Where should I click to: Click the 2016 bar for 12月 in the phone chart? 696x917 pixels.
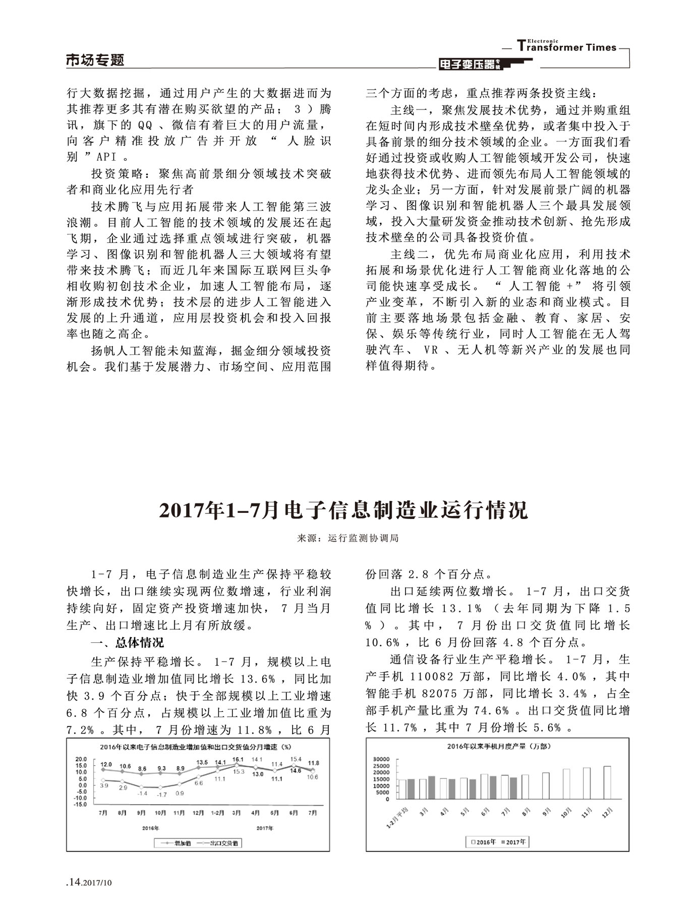coord(607,782)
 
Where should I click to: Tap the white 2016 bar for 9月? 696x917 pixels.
coord(546,786)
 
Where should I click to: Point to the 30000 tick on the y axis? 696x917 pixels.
coord(381,759)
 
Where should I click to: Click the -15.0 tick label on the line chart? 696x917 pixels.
coord(81,805)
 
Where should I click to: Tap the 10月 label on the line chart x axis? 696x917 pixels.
coord(160,813)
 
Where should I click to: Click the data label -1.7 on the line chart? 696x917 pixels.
coord(161,795)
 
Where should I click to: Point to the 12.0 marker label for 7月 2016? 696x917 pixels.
coord(106,764)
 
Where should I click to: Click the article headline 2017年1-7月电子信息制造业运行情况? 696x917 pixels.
coord(343,510)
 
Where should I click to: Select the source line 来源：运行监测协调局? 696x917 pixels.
coord(347,538)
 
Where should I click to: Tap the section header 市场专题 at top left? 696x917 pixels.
coord(95,60)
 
